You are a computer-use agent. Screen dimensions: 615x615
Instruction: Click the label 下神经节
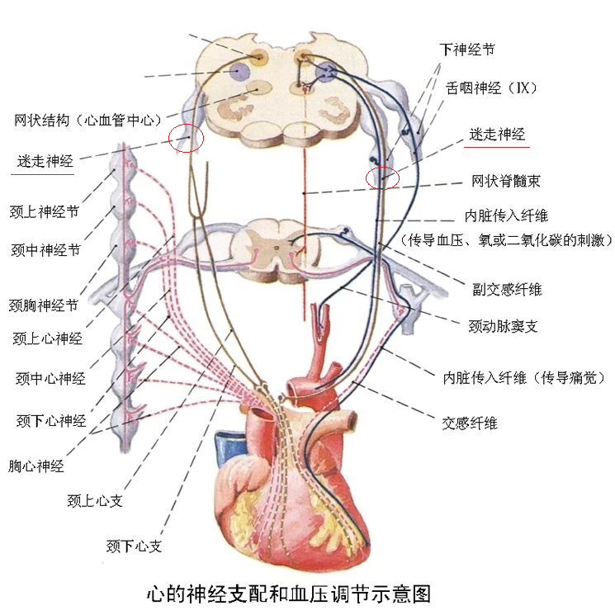tap(466, 50)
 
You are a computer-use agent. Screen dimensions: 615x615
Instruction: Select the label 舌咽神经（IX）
tap(491, 88)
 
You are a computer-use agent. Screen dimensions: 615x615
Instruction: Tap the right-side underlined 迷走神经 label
tap(497, 134)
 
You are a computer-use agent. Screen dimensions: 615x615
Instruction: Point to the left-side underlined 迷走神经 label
tap(45, 161)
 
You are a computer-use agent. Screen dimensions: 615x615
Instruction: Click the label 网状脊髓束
tap(505, 181)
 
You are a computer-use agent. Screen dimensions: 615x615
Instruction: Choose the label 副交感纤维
tap(507, 290)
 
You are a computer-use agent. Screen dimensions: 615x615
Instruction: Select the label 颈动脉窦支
tap(503, 326)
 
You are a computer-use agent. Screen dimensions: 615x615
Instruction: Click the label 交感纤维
tap(470, 423)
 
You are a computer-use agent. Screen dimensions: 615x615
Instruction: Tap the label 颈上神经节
tap(45, 212)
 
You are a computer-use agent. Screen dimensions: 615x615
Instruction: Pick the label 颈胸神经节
tap(44, 305)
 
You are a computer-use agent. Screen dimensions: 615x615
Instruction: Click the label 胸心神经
tap(36, 466)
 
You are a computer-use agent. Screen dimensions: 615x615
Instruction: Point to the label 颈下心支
tap(134, 546)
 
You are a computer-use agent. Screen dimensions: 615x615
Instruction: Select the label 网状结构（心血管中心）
tap(88, 120)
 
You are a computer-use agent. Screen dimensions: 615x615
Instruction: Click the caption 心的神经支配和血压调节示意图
tap(289, 594)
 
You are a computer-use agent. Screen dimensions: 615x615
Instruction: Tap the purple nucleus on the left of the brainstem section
tap(239, 72)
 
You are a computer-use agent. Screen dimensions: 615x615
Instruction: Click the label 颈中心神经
tap(50, 378)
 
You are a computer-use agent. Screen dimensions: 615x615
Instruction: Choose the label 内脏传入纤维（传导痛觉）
tap(524, 378)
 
